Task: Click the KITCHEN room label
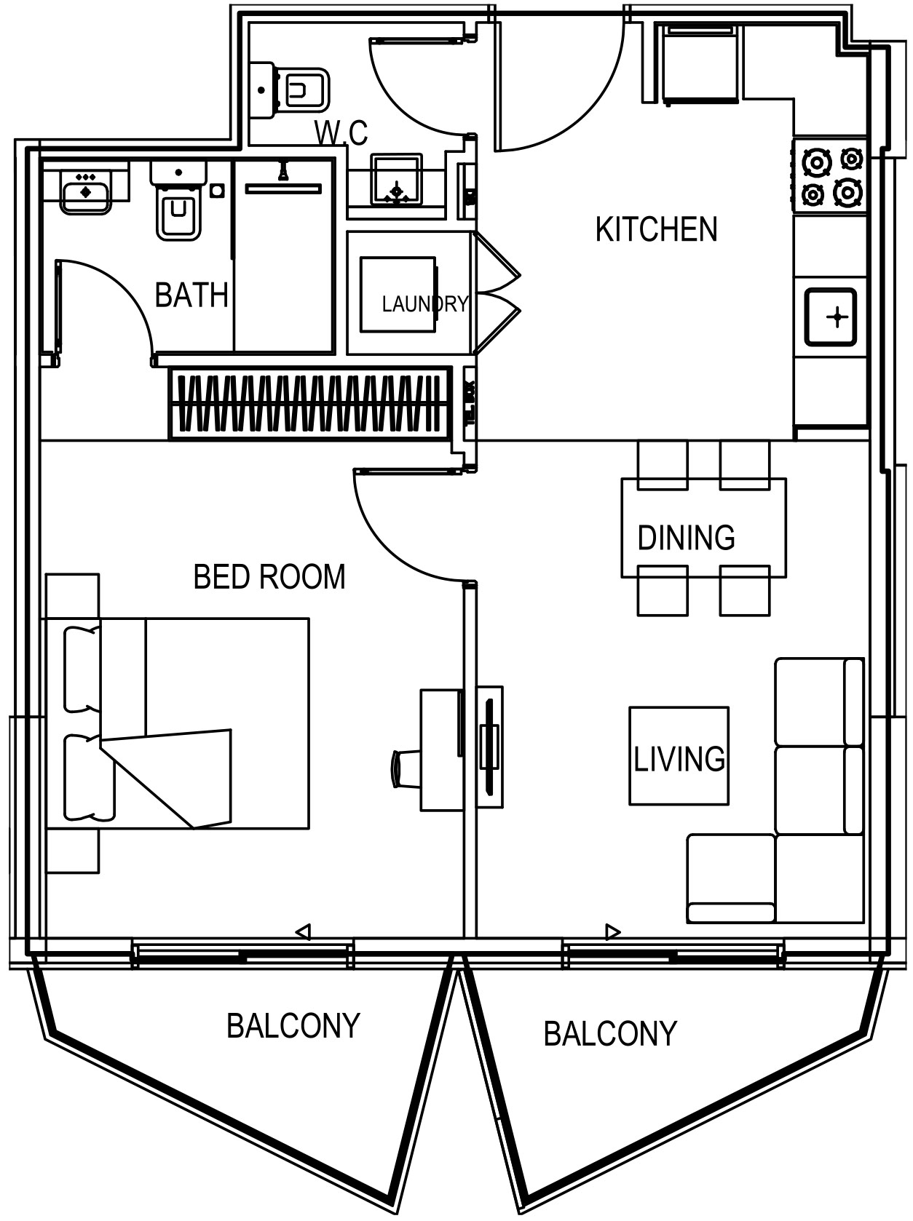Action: [656, 229]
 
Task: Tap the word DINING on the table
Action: [686, 538]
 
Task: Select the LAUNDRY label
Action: [424, 303]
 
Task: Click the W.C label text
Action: [341, 133]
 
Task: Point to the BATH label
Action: [191, 295]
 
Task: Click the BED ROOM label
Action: [269, 577]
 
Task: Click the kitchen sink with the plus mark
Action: [831, 317]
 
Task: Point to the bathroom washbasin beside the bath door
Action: [86, 191]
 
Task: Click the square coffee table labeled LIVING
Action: [679, 756]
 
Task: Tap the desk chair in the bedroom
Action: [404, 769]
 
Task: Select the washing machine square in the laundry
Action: [398, 294]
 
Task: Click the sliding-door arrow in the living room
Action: [613, 931]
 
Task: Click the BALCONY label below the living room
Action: [610, 1033]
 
